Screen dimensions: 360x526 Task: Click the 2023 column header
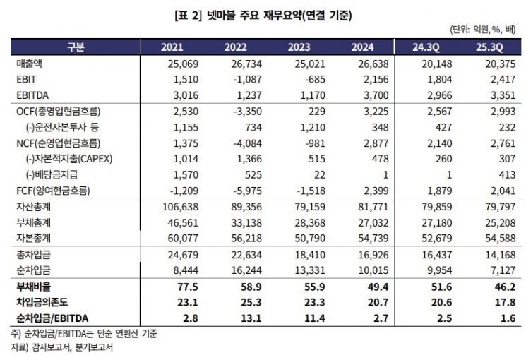tap(304, 47)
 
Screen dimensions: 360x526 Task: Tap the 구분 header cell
tap(76, 47)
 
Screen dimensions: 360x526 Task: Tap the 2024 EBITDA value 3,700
tap(375, 95)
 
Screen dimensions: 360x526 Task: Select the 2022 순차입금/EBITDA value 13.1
tap(253, 316)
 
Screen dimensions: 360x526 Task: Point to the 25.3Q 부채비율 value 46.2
tap(503, 284)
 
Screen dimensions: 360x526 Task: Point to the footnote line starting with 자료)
tap(59, 347)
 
